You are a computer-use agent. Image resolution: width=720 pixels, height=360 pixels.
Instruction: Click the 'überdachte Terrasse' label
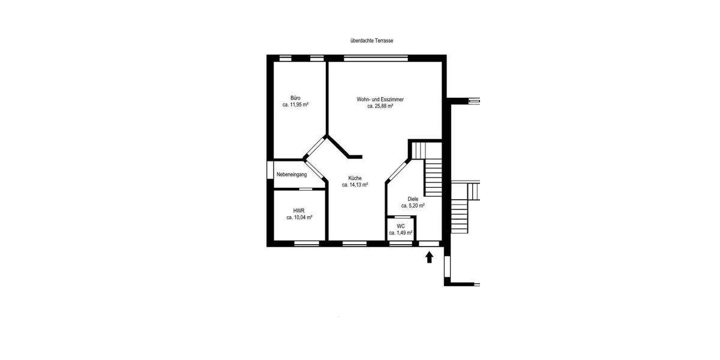371,41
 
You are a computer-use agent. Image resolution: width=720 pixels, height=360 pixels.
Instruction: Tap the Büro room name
295,98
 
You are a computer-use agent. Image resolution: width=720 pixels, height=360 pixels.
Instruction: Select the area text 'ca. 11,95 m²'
295,104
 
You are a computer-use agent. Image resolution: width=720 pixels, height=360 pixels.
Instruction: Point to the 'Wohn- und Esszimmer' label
380,99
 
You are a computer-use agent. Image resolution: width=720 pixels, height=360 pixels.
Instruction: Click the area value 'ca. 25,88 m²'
380,106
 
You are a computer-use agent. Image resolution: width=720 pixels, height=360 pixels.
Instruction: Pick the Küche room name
355,178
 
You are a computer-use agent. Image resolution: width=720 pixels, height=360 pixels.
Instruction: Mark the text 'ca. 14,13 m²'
355,185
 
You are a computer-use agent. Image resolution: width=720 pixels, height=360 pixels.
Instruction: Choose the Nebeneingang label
292,175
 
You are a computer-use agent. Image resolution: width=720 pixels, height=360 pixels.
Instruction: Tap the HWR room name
299,211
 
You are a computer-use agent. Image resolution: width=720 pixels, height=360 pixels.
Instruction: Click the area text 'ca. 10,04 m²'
299,218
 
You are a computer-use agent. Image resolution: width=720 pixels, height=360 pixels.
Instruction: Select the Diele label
413,199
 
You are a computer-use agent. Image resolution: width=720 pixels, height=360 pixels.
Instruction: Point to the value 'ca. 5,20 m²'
413,205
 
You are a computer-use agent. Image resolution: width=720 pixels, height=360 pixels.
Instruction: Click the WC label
400,226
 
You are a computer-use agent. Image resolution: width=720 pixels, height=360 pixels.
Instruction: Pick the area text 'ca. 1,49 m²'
400,232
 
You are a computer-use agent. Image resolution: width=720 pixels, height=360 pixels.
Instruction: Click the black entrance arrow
429,257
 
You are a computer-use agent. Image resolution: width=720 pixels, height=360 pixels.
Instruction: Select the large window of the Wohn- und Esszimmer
377,58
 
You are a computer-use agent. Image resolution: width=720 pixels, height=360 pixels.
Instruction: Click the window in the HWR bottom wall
306,244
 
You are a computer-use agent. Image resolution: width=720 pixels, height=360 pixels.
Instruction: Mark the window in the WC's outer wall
400,244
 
